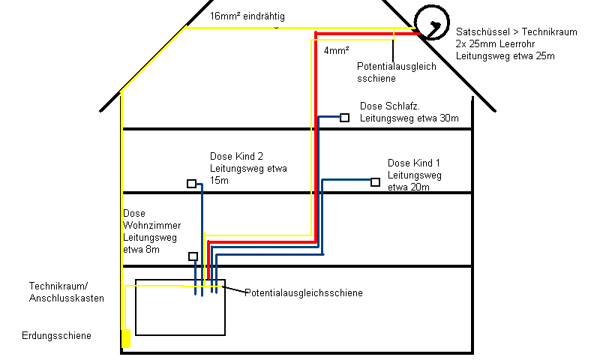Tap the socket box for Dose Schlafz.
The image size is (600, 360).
[x=345, y=118]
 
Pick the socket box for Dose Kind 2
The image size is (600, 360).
[x=192, y=184]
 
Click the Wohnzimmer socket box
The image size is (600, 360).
[x=193, y=256]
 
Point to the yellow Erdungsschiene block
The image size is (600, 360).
[x=126, y=338]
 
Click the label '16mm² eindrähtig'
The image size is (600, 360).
[x=247, y=16]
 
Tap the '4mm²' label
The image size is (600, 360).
[x=334, y=52]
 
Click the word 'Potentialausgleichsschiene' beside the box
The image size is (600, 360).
[x=304, y=292]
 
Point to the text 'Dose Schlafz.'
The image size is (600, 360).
[x=390, y=106]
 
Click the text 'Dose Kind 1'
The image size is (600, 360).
[x=414, y=163]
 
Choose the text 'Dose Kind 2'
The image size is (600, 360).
[x=236, y=156]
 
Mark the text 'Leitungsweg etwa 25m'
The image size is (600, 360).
[x=504, y=57]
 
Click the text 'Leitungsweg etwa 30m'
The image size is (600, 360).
[x=409, y=118]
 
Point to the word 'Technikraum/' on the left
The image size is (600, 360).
[x=58, y=286]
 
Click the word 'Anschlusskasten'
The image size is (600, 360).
[x=67, y=298]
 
